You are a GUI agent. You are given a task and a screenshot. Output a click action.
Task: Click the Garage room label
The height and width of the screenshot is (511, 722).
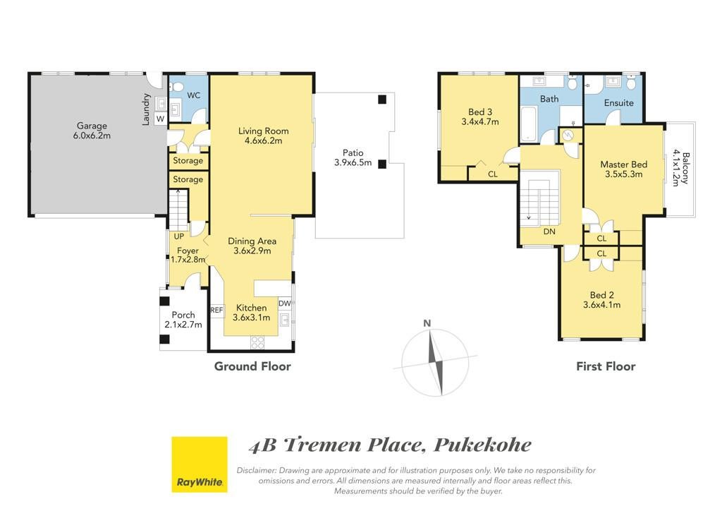point(92,126)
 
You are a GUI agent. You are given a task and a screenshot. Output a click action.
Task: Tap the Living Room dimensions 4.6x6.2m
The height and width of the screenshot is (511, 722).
point(264,141)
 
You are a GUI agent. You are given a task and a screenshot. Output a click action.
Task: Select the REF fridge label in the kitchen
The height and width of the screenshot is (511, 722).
point(216,310)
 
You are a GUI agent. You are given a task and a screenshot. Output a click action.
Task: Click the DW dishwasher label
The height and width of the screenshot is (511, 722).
point(285,303)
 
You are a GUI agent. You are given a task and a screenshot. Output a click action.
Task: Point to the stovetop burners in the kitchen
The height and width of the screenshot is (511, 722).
point(257,342)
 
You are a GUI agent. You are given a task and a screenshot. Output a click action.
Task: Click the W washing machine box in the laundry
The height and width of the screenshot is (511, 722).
point(160,119)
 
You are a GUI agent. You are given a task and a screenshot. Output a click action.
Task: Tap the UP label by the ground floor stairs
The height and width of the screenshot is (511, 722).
point(178,236)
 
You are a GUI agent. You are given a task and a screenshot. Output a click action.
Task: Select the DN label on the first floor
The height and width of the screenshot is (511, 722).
point(549,232)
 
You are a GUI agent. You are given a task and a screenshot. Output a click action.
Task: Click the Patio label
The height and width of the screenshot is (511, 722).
point(353,152)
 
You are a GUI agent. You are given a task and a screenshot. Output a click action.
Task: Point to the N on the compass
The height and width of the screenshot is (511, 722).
point(427,323)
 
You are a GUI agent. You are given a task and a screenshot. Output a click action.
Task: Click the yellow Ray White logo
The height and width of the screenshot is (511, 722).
point(200,464)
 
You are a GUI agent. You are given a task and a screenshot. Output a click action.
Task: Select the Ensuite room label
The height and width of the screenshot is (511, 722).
point(619,103)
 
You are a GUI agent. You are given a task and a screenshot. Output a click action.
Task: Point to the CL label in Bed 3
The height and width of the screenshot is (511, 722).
point(493,174)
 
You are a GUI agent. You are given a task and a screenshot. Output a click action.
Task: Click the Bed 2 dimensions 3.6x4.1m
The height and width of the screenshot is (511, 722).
point(602,305)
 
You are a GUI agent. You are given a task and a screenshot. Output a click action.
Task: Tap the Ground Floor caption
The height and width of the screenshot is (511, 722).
point(253,366)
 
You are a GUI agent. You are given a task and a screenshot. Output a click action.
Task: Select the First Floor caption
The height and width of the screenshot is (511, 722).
point(606,366)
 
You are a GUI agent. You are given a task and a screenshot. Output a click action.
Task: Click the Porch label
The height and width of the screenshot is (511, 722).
point(183,315)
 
